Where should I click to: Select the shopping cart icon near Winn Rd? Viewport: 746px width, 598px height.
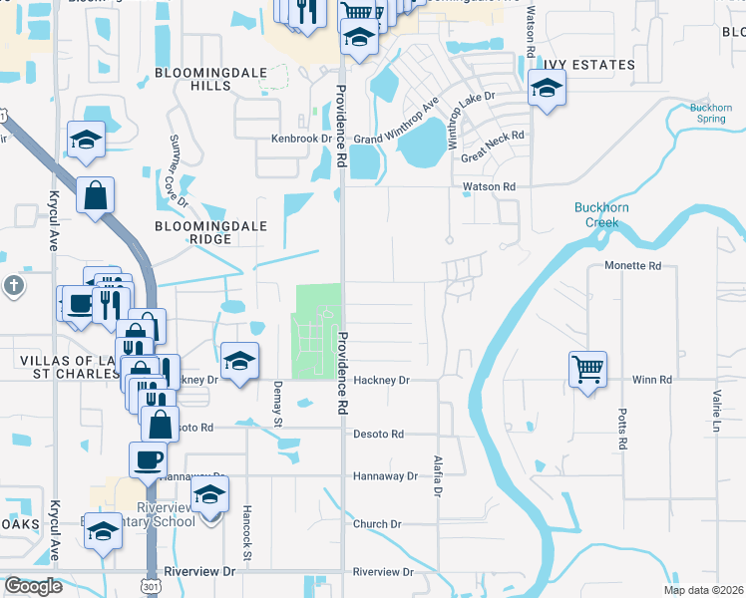(x=588, y=369)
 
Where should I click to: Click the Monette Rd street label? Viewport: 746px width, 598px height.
(x=633, y=266)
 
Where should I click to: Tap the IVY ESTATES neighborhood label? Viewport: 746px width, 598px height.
(x=587, y=65)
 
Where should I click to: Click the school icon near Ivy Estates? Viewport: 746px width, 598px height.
(x=546, y=91)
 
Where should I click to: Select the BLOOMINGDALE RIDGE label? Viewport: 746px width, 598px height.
(x=210, y=226)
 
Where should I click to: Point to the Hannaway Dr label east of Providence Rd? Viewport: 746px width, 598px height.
(x=385, y=476)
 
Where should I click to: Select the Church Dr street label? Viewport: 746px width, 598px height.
(x=377, y=524)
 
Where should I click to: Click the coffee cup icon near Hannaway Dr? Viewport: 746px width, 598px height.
(x=148, y=459)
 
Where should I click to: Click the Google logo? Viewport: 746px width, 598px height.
(x=32, y=586)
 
